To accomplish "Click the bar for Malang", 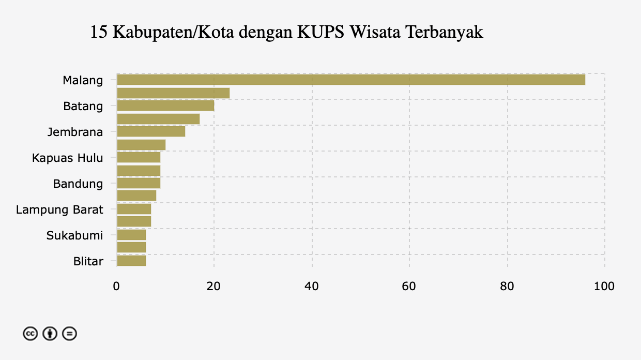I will coord(351,80).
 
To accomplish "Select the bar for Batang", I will coord(165,106).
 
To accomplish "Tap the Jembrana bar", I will coord(151,131).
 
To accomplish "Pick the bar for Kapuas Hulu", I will coord(139,157).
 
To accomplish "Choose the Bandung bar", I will coord(139,183).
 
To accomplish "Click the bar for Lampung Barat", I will coord(134,209).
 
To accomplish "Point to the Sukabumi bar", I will coord(131,235).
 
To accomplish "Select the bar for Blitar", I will coord(131,261).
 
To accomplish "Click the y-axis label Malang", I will coord(83,80).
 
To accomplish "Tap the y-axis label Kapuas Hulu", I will coord(67,158).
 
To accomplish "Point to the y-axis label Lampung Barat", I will coord(59,209).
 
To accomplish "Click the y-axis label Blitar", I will coord(88,261).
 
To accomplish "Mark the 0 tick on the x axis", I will coord(117,286).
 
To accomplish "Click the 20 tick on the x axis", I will coord(214,286).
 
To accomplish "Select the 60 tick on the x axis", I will coord(409,286).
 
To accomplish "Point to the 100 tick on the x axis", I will coord(604,286).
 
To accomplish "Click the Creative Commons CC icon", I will coord(30,334).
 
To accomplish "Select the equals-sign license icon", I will coord(69,334).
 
